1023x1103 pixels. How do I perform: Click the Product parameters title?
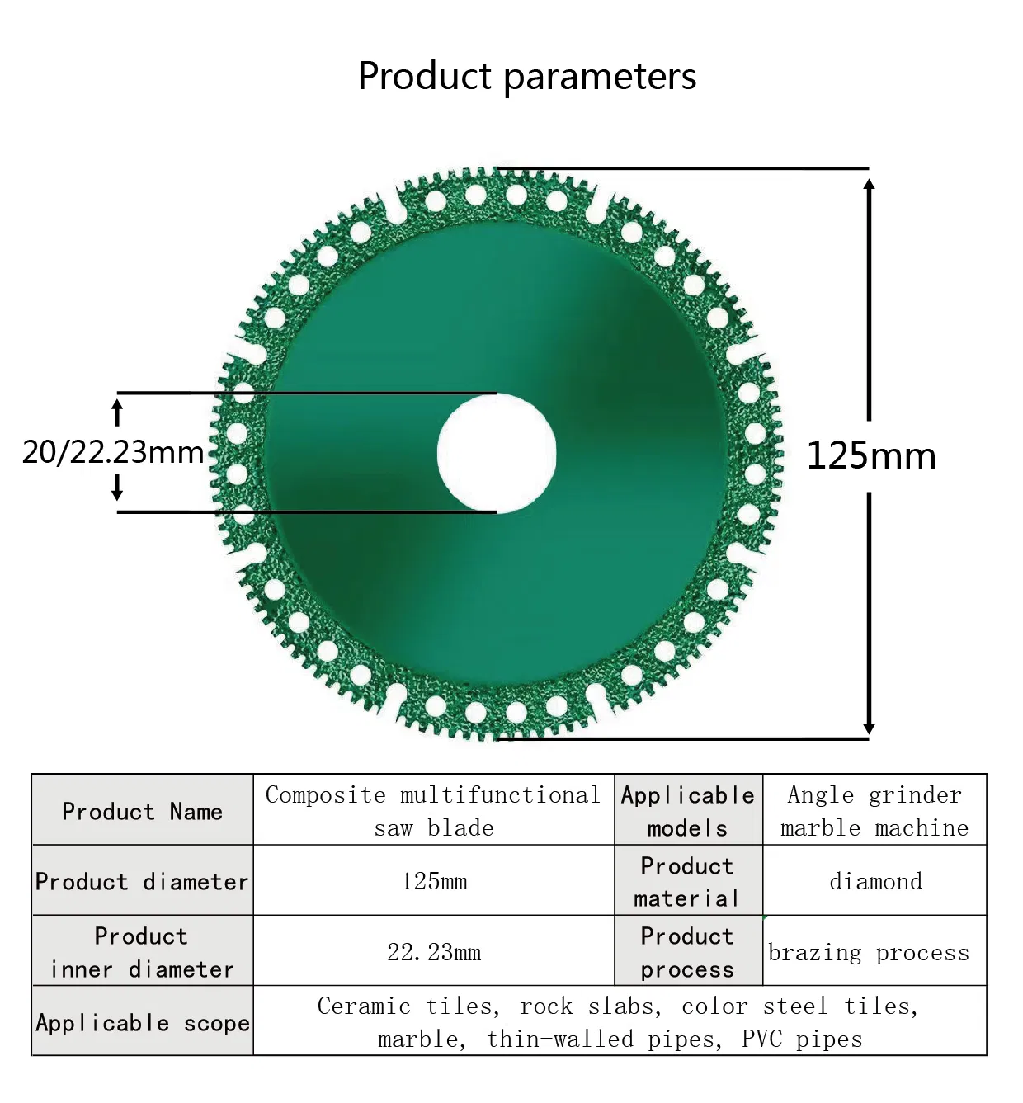click(526, 76)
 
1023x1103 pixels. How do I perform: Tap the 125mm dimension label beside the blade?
click(870, 455)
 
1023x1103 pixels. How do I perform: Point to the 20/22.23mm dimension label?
click(113, 452)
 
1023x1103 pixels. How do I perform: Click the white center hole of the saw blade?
click(496, 452)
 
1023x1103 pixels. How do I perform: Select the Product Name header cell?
click(142, 811)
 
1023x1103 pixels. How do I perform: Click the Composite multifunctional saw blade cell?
click(433, 811)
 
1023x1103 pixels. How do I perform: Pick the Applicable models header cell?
click(687, 811)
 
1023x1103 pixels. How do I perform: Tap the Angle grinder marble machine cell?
click(874, 811)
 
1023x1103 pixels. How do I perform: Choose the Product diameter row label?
click(142, 881)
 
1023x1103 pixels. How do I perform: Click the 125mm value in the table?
click(434, 881)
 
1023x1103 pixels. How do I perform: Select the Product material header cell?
click(687, 881)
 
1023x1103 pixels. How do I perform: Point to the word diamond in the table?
click(875, 881)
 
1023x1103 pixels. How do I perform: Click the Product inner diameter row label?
click(142, 952)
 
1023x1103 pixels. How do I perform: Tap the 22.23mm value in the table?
click(434, 952)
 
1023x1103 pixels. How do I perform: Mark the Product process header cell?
click(687, 952)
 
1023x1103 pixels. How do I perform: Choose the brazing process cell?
click(869, 952)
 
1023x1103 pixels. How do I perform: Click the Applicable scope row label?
click(142, 1022)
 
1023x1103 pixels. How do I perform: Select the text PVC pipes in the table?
click(801, 1039)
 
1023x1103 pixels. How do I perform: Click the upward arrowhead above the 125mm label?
click(869, 184)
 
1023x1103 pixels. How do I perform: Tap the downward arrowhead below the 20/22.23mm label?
click(117, 494)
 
